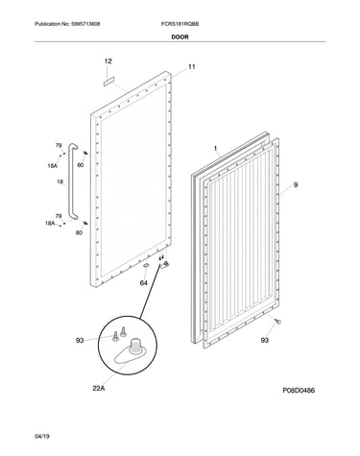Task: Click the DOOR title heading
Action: pos(180,37)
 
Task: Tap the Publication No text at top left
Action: pos(67,24)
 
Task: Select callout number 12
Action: pos(108,61)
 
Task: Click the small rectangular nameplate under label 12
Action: pos(109,82)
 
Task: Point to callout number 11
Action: pos(191,67)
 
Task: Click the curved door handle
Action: pos(73,182)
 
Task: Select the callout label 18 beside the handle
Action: pos(60,182)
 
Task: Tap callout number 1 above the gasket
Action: pos(215,148)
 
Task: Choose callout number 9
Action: pos(296,184)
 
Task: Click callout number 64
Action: pos(144,283)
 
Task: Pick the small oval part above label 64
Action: pos(146,265)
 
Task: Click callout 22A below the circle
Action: pos(99,389)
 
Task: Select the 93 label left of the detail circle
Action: pos(80,341)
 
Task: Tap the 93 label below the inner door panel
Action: pos(264,340)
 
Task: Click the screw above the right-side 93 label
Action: pos(278,322)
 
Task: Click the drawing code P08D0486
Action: pos(299,391)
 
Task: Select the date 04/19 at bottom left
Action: pos(42,437)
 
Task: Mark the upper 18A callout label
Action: pos(52,166)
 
